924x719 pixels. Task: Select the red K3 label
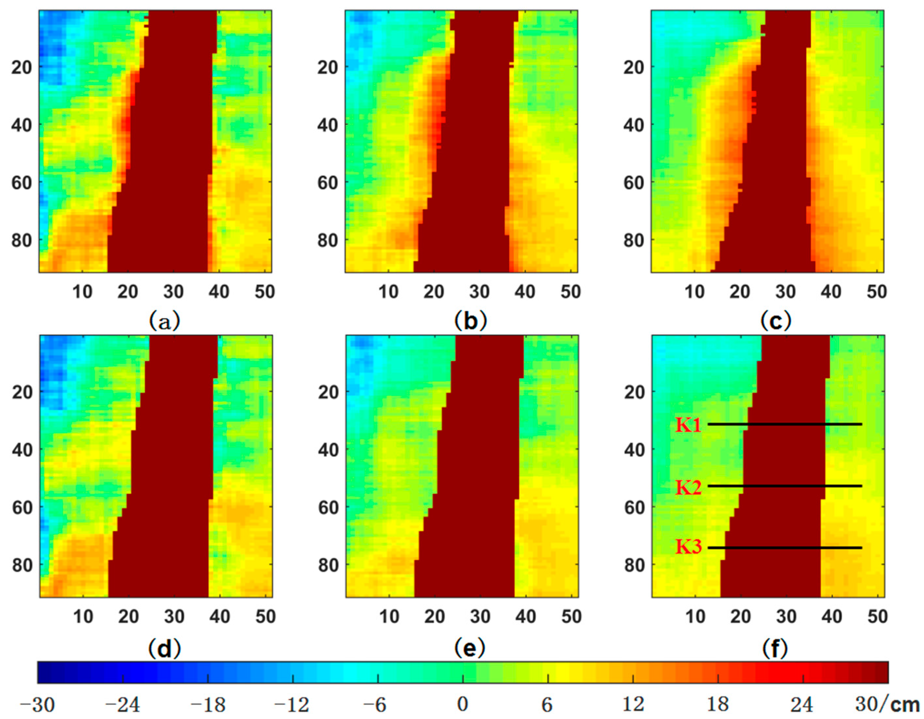688,547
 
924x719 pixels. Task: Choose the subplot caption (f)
775,647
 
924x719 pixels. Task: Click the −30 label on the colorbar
37,705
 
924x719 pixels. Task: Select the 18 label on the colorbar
718,705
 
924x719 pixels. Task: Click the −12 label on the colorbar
292,705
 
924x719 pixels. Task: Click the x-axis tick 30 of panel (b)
479,292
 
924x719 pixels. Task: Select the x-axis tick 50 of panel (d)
265,617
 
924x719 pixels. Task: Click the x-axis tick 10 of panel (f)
695,617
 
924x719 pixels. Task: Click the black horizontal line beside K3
785,548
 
